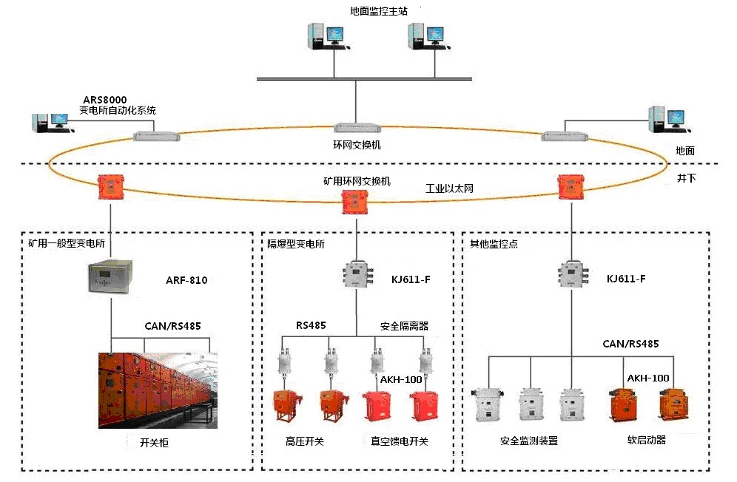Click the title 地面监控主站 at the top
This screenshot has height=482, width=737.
coord(377,12)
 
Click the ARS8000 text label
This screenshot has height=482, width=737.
coord(105,99)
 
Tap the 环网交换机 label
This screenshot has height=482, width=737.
coord(357,145)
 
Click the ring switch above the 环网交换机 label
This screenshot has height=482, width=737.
coord(357,129)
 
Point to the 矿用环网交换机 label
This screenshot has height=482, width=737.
coord(357,180)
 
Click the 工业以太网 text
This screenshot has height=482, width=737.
coord(449,189)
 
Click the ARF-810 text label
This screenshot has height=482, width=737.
coord(186,281)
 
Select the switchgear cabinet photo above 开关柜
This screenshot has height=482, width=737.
coord(158,390)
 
